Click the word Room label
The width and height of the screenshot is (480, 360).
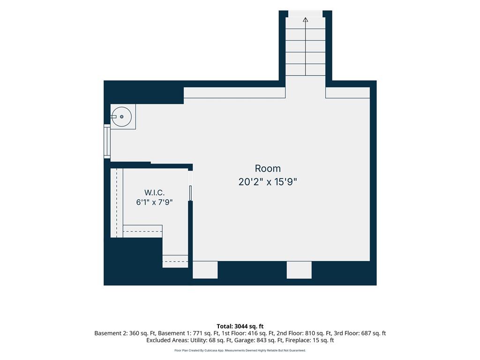(x=268, y=168)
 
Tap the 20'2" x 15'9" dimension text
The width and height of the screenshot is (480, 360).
(x=268, y=182)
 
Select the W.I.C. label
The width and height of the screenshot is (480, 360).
(x=154, y=193)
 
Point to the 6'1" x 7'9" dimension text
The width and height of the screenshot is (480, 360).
(x=154, y=202)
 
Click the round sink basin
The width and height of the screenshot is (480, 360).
(x=121, y=117)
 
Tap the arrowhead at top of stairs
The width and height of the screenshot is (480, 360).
(x=305, y=20)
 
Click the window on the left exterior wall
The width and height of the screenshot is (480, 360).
(x=107, y=142)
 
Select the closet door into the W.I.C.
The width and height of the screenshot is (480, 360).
(x=190, y=186)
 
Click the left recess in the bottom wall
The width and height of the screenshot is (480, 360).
(x=205, y=270)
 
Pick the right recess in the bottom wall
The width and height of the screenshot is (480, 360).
(x=299, y=270)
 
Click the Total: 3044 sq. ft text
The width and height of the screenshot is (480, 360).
(x=240, y=326)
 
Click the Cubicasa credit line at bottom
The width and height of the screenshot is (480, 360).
(x=240, y=351)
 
